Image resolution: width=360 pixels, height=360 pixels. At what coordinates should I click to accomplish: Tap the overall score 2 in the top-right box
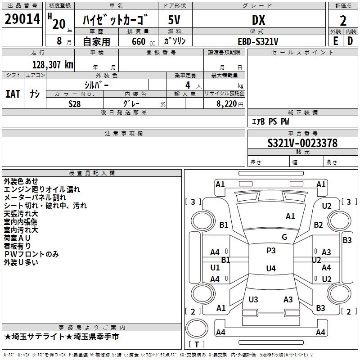tap(343, 20)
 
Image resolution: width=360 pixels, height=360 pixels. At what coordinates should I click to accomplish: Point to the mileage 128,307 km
tap(53, 64)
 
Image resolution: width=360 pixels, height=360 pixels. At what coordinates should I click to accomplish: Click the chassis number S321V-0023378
tap(302, 143)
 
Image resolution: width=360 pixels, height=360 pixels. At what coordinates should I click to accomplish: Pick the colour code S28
tap(75, 103)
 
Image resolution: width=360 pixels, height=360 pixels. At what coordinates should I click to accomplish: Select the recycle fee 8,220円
tap(227, 104)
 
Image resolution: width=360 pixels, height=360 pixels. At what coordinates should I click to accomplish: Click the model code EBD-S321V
tap(258, 41)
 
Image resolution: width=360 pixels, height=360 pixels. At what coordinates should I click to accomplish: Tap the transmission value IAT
tap(13, 94)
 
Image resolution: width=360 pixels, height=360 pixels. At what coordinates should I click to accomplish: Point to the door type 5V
tap(175, 20)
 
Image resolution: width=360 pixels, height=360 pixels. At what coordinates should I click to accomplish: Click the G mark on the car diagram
tap(284, 237)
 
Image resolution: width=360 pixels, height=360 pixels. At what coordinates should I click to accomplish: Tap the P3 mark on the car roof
tap(271, 251)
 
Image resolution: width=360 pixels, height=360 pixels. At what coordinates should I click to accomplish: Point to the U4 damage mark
tap(270, 269)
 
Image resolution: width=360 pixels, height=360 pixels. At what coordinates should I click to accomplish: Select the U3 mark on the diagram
tap(253, 299)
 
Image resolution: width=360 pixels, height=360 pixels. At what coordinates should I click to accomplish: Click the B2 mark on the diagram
tap(319, 225)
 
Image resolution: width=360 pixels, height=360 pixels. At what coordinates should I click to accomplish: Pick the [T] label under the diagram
tap(196, 344)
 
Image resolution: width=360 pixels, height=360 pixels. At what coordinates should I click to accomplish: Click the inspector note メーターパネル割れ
tap(35, 198)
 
